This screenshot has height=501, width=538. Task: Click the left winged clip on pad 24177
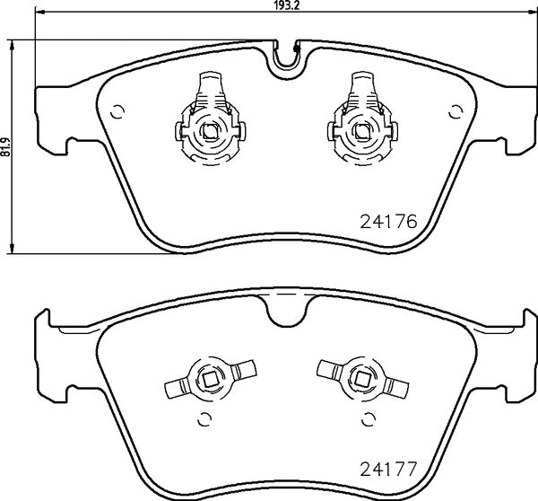pyautogui.click(x=207, y=381)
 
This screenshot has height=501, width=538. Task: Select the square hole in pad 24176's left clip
pyautogui.click(x=209, y=131)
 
